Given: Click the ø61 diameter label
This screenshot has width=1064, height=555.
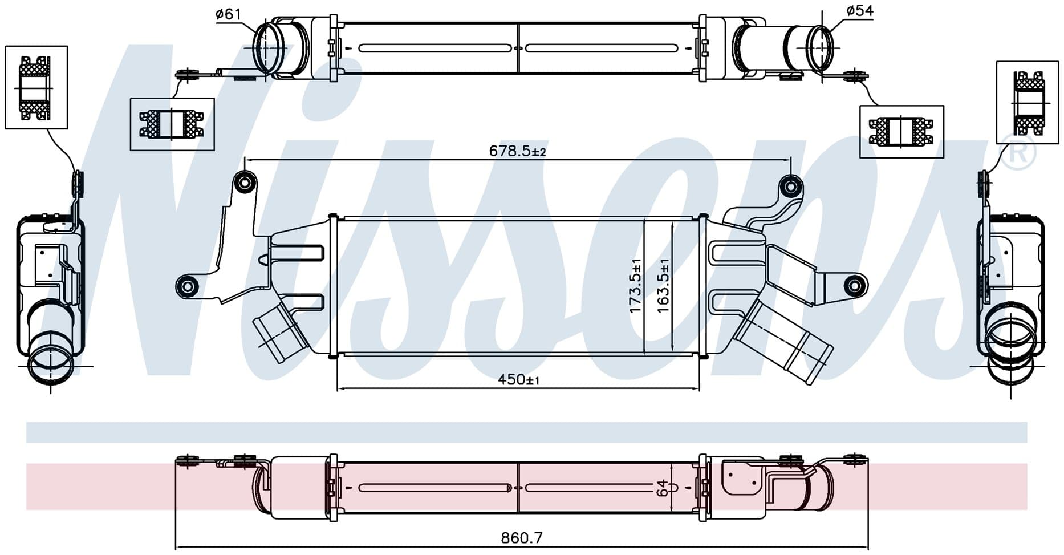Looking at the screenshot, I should tap(228, 14).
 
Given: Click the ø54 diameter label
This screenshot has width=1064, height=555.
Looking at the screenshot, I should tap(859, 11).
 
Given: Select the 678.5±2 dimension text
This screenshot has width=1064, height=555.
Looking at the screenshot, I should tap(518, 151).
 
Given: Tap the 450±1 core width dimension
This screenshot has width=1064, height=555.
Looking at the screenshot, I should tap(518, 379).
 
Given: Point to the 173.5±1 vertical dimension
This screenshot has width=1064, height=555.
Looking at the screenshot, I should tap(635, 285).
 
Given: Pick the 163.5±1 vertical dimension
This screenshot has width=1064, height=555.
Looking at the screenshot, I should tap(663, 285).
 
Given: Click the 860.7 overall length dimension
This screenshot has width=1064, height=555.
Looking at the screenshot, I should tap(522, 537).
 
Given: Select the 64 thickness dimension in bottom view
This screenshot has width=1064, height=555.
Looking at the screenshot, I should tap(662, 488).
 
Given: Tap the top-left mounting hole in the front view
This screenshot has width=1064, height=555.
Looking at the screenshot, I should tap(245, 183).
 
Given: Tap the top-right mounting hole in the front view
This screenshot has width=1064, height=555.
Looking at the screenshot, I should tap(791, 186).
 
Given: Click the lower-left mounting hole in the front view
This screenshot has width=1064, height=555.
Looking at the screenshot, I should tap(187, 286).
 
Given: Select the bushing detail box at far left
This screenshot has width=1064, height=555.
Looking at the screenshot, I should tap(36, 87).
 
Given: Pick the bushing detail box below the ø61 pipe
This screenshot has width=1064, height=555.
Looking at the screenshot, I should tap(172, 124).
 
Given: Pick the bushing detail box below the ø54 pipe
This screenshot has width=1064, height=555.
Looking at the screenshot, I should tap(901, 132).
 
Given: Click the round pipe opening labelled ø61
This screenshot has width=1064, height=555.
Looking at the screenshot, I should tap(268, 46).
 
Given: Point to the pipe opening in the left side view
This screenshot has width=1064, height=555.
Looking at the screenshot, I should tap(50, 362).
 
